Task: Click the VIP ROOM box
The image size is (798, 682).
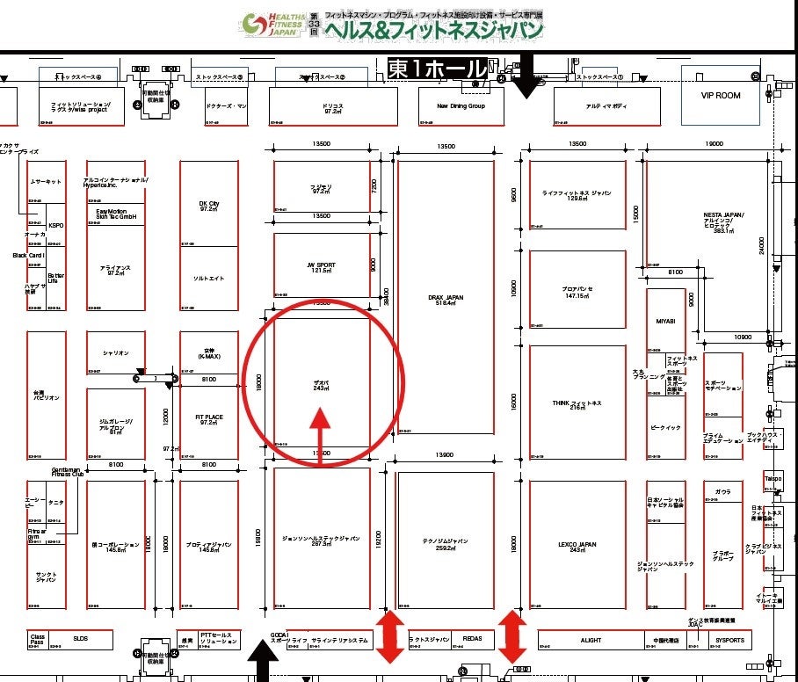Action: click(x=720, y=96)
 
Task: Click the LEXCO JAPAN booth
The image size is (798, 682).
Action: click(x=577, y=545)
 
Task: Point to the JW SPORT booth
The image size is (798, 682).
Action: click(x=322, y=266)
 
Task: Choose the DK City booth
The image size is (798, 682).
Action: click(x=209, y=206)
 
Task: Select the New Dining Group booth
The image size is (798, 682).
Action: click(x=461, y=106)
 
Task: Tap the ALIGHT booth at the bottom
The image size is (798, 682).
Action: click(x=591, y=641)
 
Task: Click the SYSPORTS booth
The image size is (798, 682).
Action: click(x=729, y=641)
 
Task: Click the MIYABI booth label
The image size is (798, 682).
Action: click(x=665, y=322)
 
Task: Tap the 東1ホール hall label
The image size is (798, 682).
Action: click(x=437, y=69)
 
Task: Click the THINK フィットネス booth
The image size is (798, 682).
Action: click(x=577, y=404)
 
